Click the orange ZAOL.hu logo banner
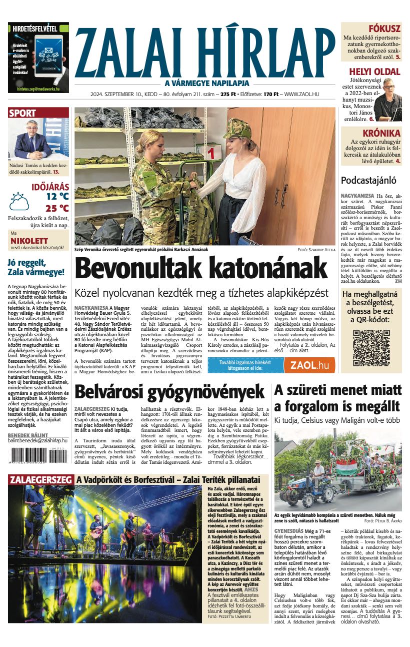[309, 365]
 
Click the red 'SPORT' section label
[22, 113]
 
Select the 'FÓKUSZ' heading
[384, 29]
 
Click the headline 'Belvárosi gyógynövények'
[169, 391]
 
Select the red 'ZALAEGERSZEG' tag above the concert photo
[40, 480]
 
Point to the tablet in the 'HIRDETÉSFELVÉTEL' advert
[48, 56]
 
